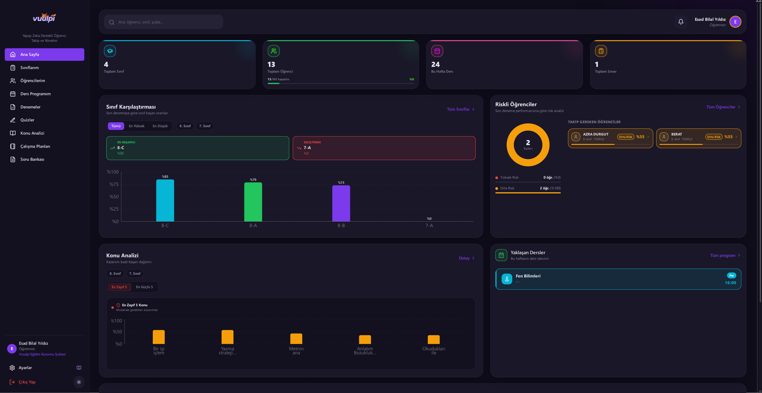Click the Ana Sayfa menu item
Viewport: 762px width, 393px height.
pyautogui.click(x=44, y=55)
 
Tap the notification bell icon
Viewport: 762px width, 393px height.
pyautogui.click(x=681, y=22)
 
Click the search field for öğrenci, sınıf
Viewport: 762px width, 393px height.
pyautogui.click(x=163, y=22)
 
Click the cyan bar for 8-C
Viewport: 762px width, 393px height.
pyautogui.click(x=165, y=200)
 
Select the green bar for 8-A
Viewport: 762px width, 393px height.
pyautogui.click(x=253, y=202)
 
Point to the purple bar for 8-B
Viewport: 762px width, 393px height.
pyautogui.click(x=341, y=203)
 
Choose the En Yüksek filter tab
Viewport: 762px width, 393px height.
pyautogui.click(x=137, y=126)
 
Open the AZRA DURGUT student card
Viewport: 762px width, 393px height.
pyautogui.click(x=610, y=138)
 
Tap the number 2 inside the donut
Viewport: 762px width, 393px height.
pyautogui.click(x=528, y=142)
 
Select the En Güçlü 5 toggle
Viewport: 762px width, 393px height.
pyautogui.click(x=144, y=287)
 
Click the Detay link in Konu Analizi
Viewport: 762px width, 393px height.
pyautogui.click(x=466, y=258)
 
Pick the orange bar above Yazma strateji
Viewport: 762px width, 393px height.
pyautogui.click(x=227, y=337)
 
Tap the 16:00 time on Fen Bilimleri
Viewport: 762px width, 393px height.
pyautogui.click(x=730, y=283)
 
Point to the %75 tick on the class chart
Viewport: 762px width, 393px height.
pyautogui.click(x=114, y=184)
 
